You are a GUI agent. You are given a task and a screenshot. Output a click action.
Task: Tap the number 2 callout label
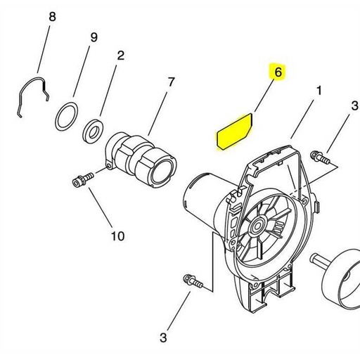point(120,55)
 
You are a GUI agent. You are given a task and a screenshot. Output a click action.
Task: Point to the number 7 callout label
point(170,82)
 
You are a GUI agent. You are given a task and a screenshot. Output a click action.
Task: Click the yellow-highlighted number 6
point(278,72)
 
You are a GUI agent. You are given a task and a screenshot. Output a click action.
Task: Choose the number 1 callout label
point(319,91)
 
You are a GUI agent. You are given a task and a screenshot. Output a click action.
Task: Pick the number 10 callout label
point(117,235)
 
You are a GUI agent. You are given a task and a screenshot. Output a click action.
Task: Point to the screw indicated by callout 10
point(82,180)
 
